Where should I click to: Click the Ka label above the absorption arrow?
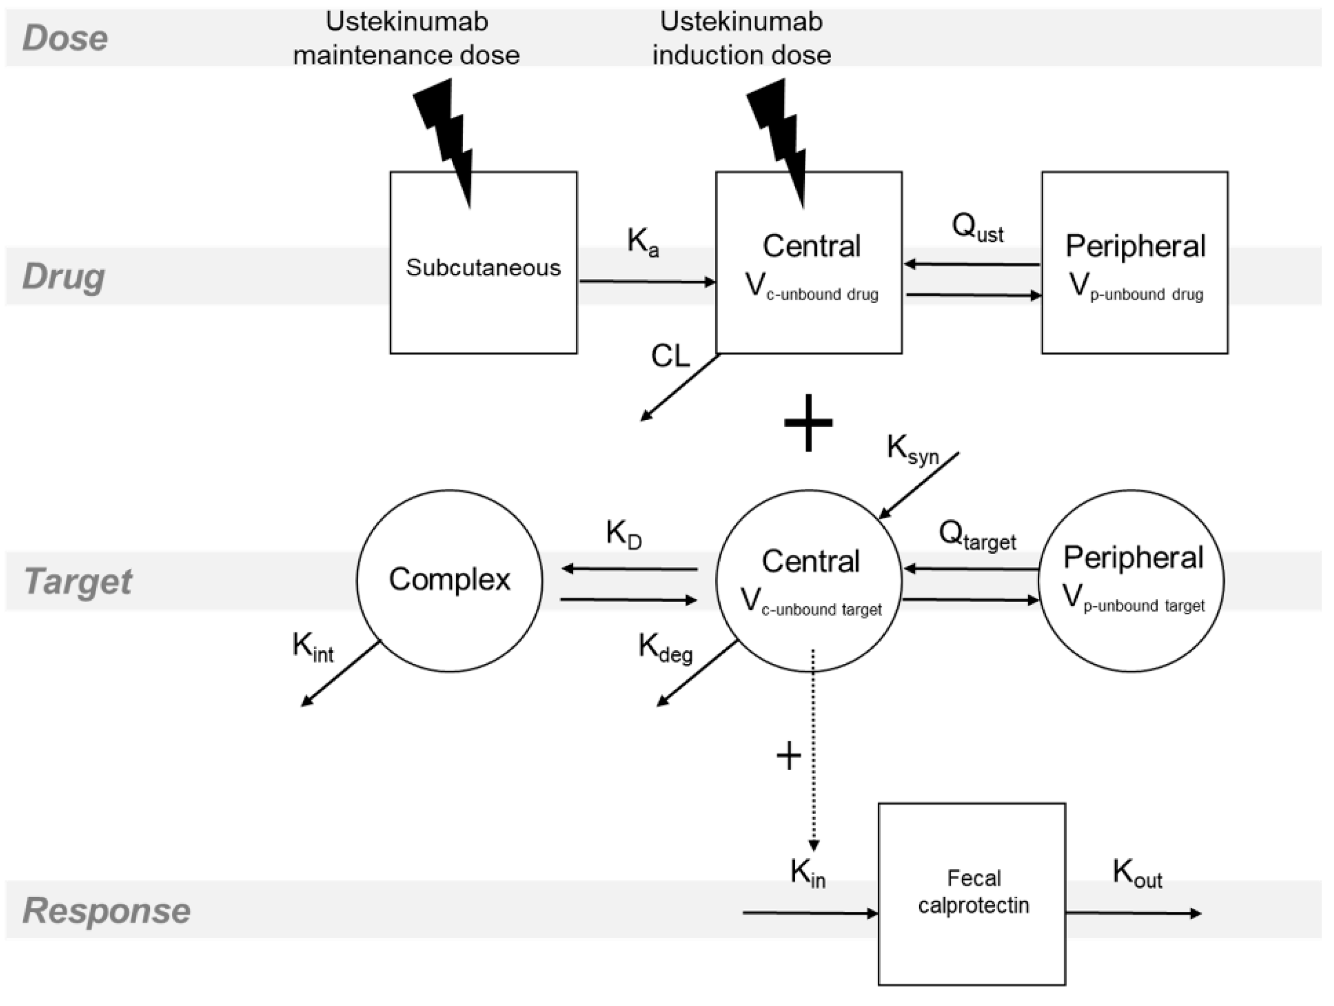[x=643, y=242]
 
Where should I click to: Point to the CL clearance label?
[x=670, y=356]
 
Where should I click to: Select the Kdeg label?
[x=665, y=649]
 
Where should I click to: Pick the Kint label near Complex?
[x=312, y=647]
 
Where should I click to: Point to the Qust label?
[x=977, y=228]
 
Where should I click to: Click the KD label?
[x=623, y=534]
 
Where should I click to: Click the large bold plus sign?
[x=808, y=423]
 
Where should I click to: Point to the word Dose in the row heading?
[x=65, y=38]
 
